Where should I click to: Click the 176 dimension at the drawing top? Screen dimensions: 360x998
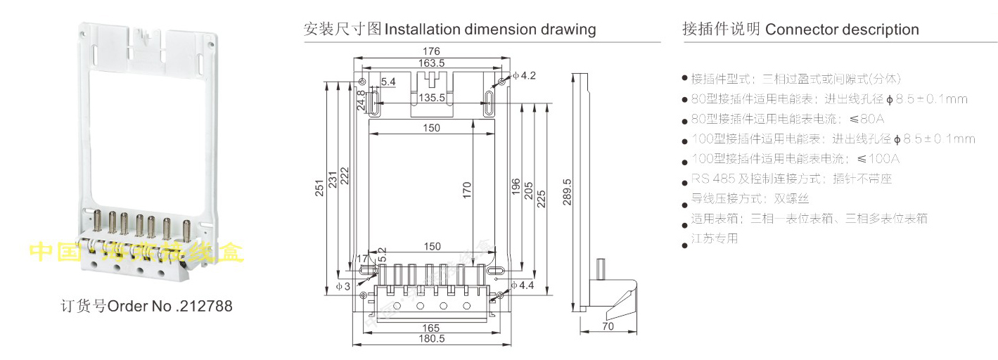431,51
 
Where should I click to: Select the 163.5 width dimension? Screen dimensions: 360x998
430,63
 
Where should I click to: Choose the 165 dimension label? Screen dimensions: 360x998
431,328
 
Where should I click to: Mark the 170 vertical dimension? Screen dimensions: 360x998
468,191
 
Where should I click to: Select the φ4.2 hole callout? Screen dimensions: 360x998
524,75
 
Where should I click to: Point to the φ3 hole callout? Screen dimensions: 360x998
343,286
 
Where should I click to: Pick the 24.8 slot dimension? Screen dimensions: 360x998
362,101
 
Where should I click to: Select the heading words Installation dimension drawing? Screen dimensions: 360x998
490,30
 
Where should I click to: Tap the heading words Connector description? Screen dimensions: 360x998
842,30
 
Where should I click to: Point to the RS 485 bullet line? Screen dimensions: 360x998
791,179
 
